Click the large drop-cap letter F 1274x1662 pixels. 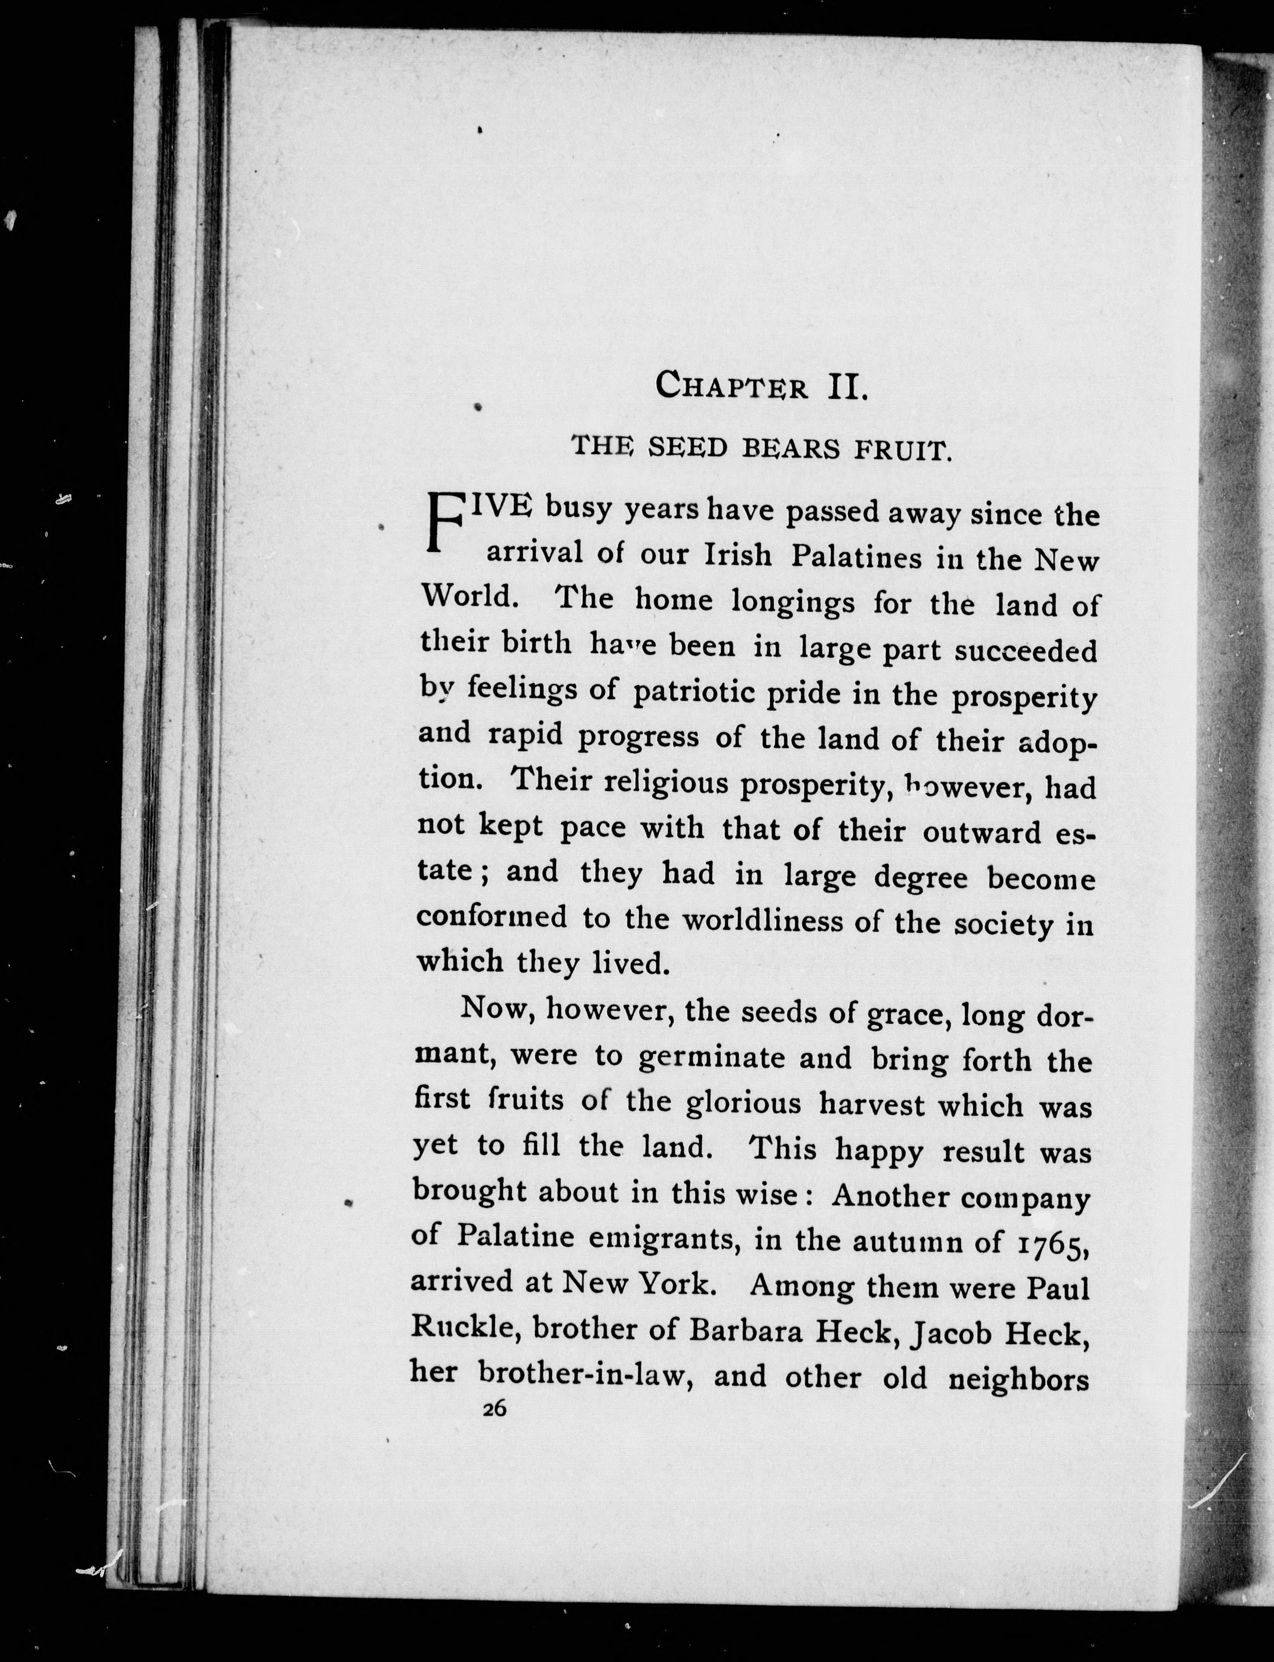pos(444,523)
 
